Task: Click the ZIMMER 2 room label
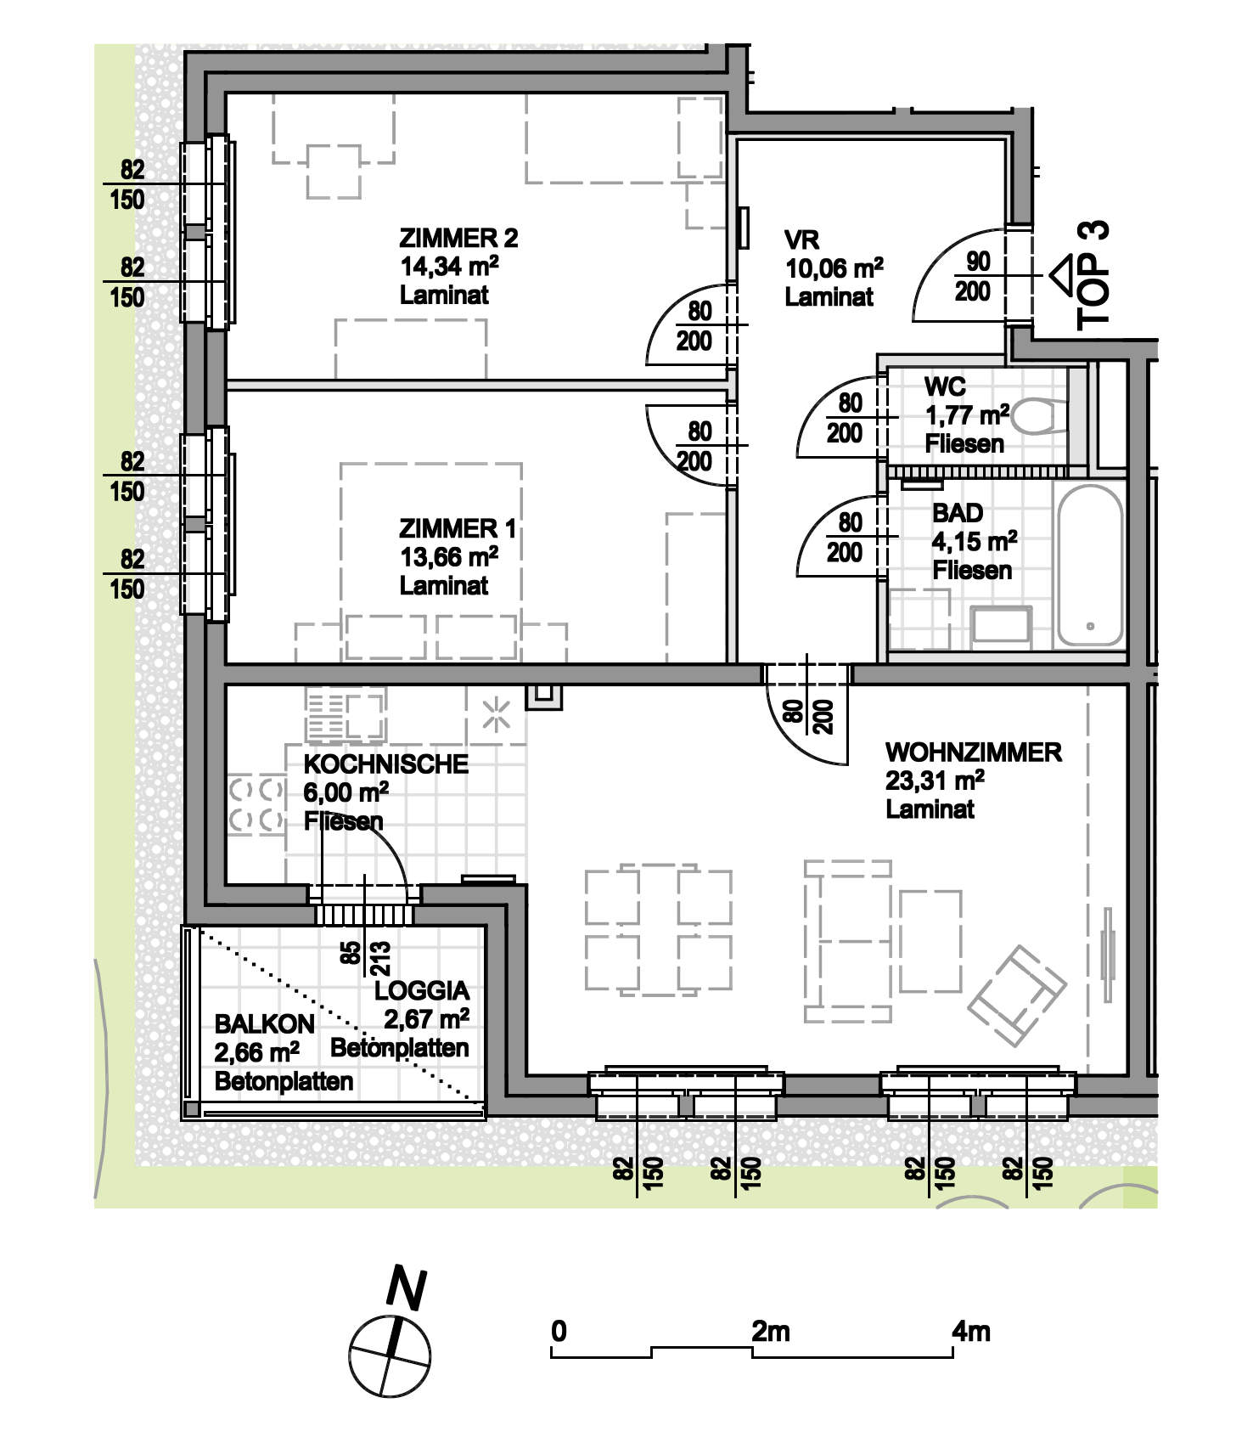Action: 458,238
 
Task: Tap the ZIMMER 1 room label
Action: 458,528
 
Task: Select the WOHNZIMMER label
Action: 974,752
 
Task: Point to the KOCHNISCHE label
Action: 386,764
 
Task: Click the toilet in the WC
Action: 1040,416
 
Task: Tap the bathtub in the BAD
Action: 1090,566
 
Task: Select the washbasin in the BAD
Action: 1001,624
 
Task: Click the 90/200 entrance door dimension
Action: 974,277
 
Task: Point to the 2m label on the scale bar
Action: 771,1331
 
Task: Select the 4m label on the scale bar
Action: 971,1331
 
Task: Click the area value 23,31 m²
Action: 935,781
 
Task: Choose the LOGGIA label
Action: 422,990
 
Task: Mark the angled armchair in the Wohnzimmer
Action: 1017,995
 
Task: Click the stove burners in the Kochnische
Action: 256,803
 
